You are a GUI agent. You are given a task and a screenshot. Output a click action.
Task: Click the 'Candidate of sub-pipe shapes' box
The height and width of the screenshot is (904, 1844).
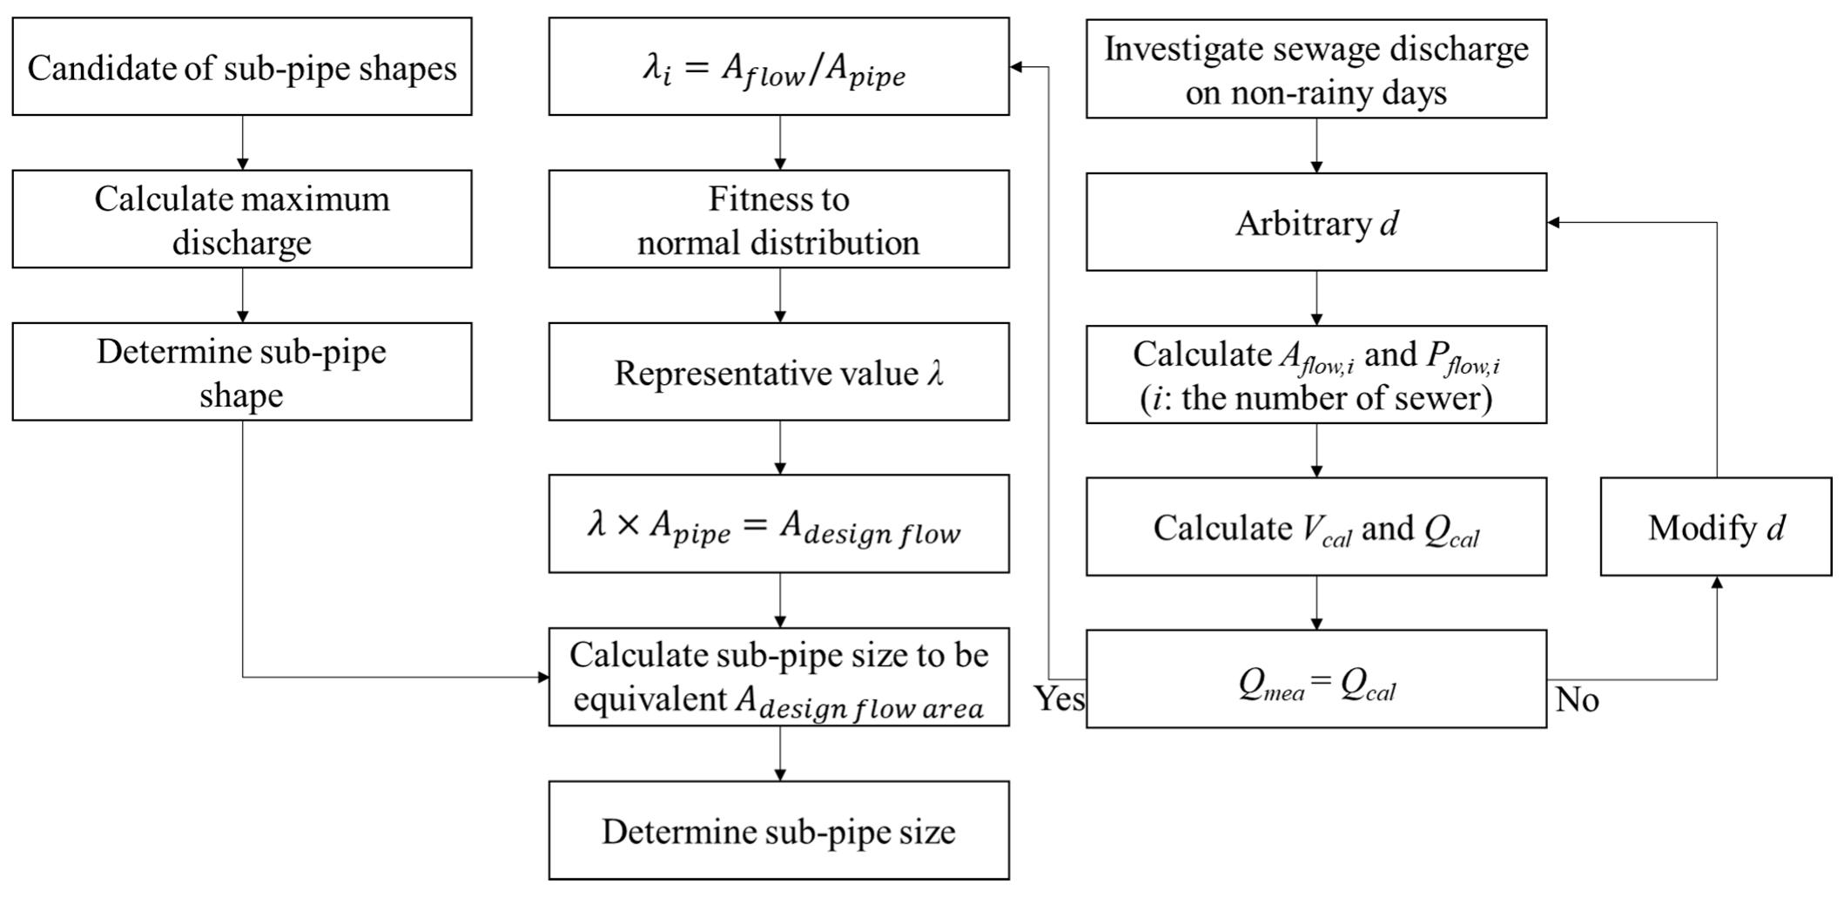(x=242, y=67)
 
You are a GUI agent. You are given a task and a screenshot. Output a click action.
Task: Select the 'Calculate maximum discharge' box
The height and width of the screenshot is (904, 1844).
(x=242, y=219)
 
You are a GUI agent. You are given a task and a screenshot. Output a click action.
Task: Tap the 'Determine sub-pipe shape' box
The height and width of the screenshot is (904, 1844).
(x=242, y=372)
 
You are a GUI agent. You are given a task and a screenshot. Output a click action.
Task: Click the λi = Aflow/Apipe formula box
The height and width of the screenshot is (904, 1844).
(x=778, y=67)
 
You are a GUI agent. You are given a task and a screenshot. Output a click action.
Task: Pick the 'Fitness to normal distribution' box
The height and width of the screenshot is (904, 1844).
(x=778, y=219)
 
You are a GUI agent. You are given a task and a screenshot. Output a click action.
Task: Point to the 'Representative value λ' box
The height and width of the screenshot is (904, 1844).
(x=778, y=372)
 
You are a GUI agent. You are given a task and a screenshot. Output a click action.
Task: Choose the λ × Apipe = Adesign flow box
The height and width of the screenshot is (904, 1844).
(x=778, y=524)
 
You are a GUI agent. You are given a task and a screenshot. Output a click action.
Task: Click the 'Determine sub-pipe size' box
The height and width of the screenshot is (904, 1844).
(x=778, y=830)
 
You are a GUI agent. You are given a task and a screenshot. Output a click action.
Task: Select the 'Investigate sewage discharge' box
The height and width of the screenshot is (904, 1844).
(x=1316, y=69)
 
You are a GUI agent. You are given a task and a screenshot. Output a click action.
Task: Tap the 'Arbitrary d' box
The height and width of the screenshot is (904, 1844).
(x=1316, y=222)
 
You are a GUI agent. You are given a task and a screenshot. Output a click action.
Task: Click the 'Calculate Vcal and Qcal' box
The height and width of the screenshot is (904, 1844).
(x=1316, y=527)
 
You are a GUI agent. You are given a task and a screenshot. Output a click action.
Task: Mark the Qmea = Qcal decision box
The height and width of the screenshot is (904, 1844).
(x=1316, y=679)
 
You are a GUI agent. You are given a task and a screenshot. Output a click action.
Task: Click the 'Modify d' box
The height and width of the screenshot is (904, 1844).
(x=1715, y=527)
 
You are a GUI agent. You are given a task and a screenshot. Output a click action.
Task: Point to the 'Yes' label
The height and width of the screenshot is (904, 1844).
(x=1059, y=698)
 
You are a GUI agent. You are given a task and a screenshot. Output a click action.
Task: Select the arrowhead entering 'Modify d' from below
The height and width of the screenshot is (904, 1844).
(x=1717, y=582)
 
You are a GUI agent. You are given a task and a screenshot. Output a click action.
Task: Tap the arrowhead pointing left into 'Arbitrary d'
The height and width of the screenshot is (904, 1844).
(x=1553, y=222)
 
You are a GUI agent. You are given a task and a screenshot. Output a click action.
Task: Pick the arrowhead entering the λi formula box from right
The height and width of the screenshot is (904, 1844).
(x=1016, y=67)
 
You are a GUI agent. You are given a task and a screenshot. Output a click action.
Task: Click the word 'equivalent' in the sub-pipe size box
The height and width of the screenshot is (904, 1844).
(x=650, y=699)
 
